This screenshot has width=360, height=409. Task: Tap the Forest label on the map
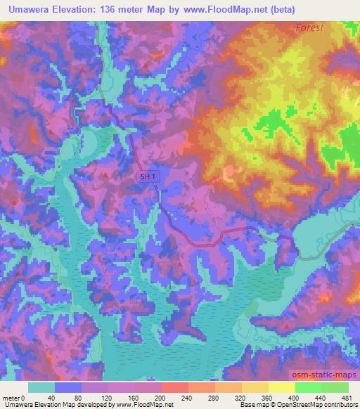pos(309,27)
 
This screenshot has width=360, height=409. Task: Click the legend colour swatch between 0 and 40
pos(41,387)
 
